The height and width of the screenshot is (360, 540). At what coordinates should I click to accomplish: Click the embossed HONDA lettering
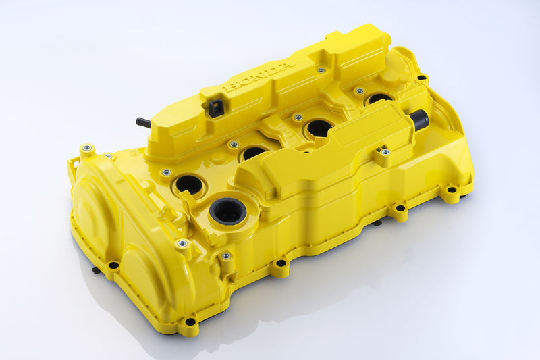[x=259, y=77]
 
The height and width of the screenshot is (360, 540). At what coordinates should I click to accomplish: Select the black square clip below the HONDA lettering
[x=216, y=107]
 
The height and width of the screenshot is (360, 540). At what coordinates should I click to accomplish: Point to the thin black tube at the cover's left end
[x=143, y=122]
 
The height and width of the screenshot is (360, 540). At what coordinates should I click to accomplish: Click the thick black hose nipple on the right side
[x=419, y=119]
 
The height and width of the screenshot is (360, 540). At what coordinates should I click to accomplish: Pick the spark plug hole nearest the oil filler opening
[x=189, y=184]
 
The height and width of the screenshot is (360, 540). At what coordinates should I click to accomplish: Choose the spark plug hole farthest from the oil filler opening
[x=379, y=99]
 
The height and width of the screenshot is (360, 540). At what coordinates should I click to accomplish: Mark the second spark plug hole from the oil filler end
[x=254, y=153]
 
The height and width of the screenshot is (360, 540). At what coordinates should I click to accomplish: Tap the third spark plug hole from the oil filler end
[x=319, y=127]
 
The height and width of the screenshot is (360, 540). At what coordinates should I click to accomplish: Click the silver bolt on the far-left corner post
[x=86, y=148]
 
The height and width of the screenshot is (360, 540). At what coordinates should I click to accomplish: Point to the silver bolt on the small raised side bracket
[x=385, y=153]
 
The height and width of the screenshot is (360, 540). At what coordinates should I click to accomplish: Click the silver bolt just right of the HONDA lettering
[x=321, y=70]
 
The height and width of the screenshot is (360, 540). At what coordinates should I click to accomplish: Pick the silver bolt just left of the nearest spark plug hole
[x=166, y=172]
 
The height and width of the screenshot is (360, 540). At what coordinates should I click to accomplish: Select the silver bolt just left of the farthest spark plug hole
[x=359, y=91]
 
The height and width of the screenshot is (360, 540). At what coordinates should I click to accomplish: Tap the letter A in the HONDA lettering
[x=286, y=66]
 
